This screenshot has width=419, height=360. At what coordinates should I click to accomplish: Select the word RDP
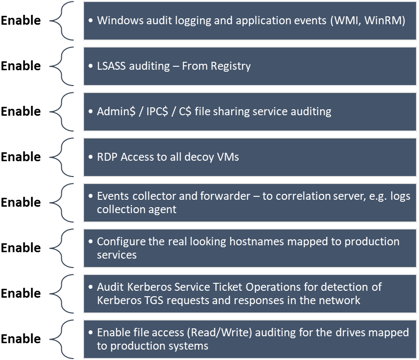click(107, 157)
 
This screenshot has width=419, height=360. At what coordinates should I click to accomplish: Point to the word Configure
click(118, 242)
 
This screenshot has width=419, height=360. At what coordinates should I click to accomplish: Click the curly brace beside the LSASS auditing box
click(64, 66)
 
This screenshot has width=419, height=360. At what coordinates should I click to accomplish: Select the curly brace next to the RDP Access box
click(64, 157)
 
